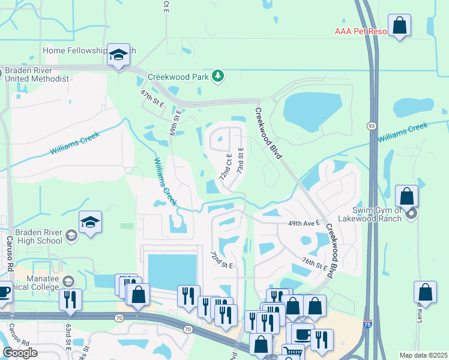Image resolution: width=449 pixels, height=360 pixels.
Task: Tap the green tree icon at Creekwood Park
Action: [219, 76]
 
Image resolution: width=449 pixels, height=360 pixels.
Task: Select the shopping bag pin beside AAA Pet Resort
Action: [399, 26]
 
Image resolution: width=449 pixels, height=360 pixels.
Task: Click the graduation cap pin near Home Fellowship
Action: [119, 55]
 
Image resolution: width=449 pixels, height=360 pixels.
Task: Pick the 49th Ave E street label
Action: [303, 223]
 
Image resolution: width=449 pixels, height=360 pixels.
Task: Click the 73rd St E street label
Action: [240, 160]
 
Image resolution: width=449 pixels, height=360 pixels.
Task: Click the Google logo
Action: [20, 353]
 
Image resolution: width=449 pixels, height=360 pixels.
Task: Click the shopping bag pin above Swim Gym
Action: [407, 197]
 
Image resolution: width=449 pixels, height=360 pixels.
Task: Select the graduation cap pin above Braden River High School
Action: [90, 223]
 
